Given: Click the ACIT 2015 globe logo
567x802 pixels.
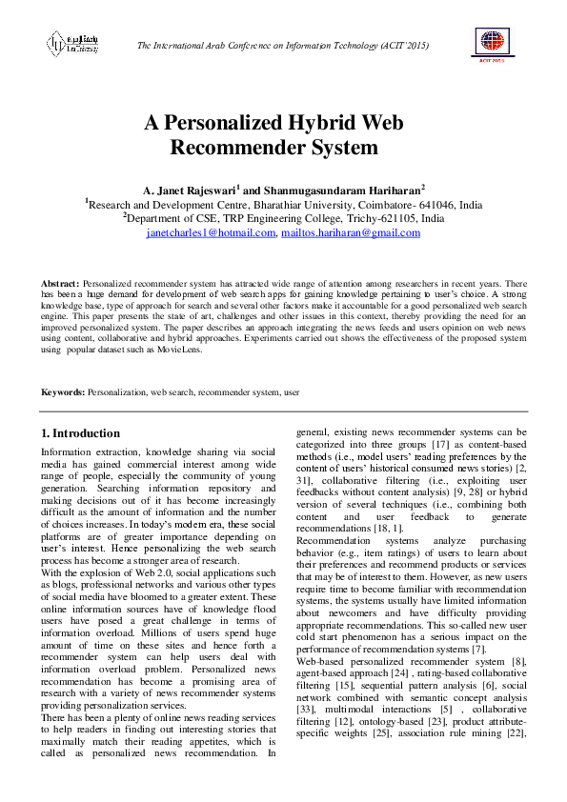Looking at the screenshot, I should coord(494,44).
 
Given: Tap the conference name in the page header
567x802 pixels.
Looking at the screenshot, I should coord(283,46).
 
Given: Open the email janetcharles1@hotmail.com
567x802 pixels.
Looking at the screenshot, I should coord(210,232).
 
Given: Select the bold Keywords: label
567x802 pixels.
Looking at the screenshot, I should coord(63,391).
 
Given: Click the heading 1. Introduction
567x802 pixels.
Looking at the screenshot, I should coord(81,433).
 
